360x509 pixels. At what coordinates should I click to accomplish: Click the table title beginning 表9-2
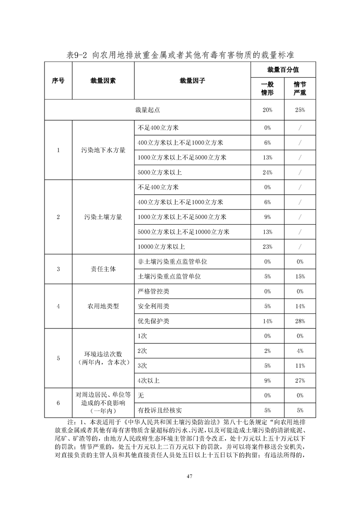180,55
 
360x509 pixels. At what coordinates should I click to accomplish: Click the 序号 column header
58,81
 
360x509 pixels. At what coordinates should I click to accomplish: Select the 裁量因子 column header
192,81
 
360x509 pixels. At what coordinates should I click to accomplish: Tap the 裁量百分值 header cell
283,70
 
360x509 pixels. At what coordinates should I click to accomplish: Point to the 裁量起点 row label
148,110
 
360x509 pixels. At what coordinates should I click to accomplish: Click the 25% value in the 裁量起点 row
299,110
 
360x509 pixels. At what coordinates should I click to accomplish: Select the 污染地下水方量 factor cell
103,150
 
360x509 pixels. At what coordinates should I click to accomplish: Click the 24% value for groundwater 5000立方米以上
267,172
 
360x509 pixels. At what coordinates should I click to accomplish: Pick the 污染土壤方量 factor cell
103,217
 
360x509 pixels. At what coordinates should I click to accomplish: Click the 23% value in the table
267,246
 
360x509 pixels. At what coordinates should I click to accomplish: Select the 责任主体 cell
103,269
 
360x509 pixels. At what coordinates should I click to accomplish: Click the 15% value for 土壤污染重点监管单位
299,276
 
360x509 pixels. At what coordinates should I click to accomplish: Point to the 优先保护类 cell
153,321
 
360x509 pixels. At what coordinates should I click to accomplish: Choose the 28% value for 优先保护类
299,321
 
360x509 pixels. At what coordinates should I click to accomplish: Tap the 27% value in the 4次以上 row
299,380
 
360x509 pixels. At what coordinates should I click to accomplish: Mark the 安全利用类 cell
153,306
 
